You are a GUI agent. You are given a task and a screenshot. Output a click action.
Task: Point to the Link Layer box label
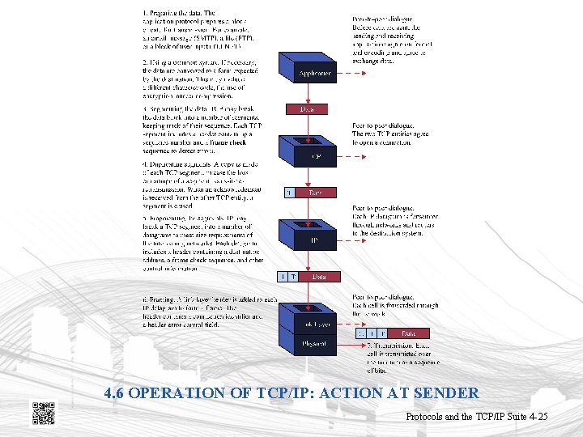coord(307,324)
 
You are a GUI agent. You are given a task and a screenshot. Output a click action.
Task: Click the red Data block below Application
coord(307,108)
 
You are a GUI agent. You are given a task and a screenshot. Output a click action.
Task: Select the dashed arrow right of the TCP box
coord(344,156)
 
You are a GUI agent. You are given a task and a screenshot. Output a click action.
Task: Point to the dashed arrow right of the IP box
coord(344,240)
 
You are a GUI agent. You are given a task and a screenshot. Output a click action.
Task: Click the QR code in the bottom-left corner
coord(43,412)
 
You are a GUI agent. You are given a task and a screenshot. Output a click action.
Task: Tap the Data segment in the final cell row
coord(408,333)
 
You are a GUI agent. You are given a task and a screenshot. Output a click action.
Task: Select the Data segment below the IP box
coord(320,277)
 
